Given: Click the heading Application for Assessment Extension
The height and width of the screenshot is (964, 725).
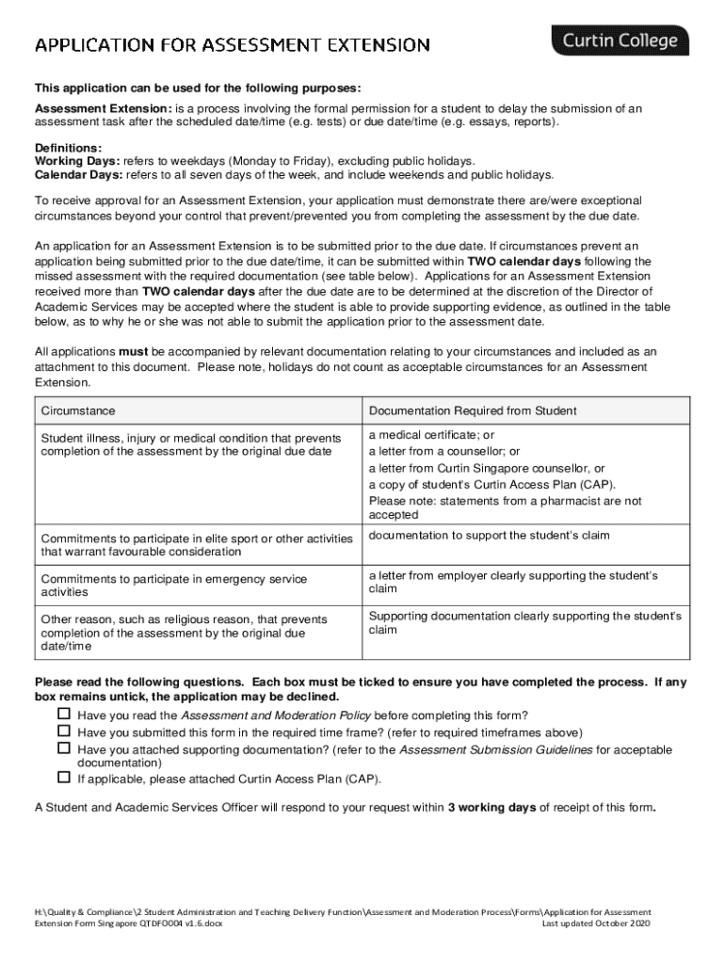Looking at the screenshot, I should (233, 45).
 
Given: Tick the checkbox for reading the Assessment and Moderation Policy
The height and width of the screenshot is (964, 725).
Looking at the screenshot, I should (64, 715).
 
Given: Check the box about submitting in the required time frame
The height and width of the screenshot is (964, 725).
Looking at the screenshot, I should (64, 731).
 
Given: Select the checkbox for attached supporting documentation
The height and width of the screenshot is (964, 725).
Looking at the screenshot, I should (64, 748).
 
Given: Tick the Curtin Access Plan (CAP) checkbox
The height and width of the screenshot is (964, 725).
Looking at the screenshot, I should (64, 779).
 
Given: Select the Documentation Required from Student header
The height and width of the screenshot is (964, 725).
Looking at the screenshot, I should (473, 411).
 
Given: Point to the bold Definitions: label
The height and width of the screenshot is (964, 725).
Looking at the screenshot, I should (69, 149).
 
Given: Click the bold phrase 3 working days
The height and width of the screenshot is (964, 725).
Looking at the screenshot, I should (491, 808).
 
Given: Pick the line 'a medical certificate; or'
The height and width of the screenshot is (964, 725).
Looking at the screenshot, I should (431, 435).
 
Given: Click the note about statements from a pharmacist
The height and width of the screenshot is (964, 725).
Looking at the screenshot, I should (505, 508).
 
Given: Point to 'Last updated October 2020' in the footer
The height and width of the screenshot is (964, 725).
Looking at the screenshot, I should (596, 924).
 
